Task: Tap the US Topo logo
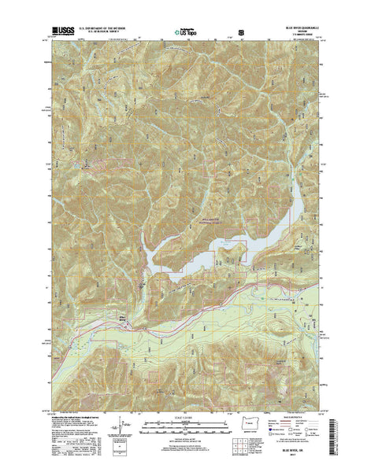(x=184, y=33)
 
